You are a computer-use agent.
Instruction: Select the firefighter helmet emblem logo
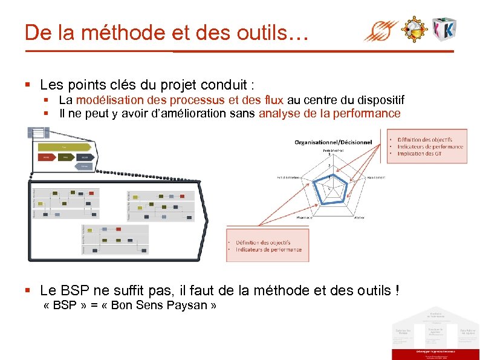point(415,29)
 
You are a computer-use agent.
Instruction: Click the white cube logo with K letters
point(444,28)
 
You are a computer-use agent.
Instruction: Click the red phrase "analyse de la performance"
point(329,113)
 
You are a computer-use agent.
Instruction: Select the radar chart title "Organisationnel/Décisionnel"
point(333,142)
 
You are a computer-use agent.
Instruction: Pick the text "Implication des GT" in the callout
point(420,154)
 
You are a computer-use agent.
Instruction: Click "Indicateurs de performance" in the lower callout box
point(268,249)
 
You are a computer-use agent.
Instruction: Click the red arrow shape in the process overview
point(46,157)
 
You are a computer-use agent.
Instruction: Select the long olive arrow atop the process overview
point(64,146)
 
